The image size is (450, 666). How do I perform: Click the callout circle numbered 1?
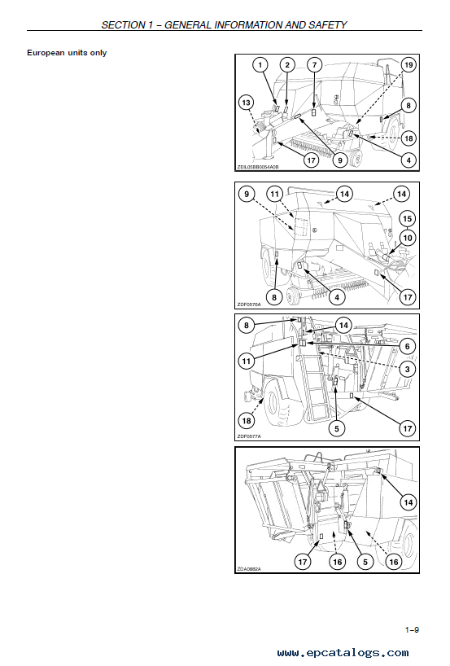(260, 65)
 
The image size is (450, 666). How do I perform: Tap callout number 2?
(287, 65)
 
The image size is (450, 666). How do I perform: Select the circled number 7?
(315, 65)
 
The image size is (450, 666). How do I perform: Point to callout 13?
(247, 103)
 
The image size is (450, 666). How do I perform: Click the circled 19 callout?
(408, 65)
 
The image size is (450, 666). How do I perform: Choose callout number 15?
(407, 219)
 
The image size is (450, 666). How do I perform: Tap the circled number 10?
(408, 238)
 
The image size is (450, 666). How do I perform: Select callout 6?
(408, 347)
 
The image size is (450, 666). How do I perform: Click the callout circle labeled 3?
(408, 369)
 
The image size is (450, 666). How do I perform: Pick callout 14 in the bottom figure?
(408, 502)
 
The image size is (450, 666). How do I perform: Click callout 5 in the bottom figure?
(365, 562)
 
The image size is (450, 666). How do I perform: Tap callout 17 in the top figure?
(311, 160)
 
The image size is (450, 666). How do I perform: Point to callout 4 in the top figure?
(408, 160)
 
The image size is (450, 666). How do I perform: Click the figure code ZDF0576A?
(249, 305)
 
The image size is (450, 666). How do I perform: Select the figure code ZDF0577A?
(249, 436)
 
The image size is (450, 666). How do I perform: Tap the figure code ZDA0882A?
(249, 569)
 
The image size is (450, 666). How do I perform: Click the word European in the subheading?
(46, 53)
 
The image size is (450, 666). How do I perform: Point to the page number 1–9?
(412, 630)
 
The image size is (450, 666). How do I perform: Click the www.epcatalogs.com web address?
(343, 653)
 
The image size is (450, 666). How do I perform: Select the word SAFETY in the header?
(328, 25)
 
